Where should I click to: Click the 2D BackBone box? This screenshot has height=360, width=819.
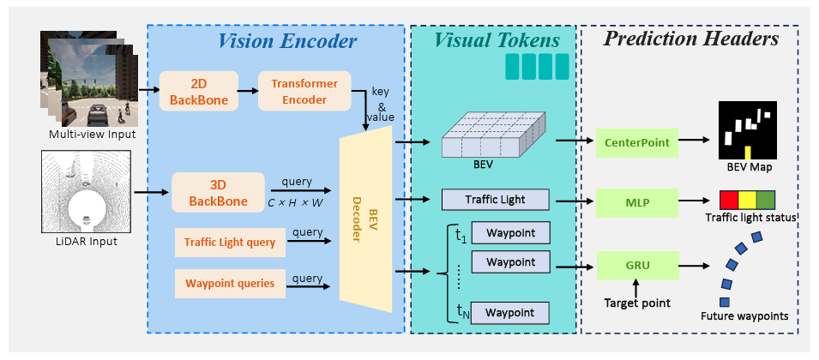pyautogui.click(x=199, y=91)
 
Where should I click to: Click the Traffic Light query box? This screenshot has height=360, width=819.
pyautogui.click(x=230, y=243)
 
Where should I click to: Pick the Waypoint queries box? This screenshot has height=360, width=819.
pyautogui.click(x=230, y=282)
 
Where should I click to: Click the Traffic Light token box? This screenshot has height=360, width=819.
pyautogui.click(x=495, y=201)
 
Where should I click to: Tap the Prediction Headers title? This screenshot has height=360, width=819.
pyautogui.click(x=690, y=39)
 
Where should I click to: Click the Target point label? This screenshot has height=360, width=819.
pyautogui.click(x=635, y=303)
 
